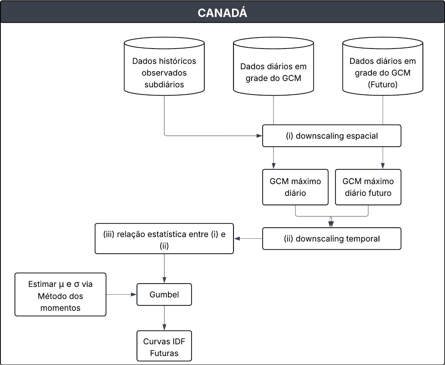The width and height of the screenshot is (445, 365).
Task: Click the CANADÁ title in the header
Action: click(x=222, y=13)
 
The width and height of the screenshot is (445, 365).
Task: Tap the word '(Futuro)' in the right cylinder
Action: click(x=382, y=85)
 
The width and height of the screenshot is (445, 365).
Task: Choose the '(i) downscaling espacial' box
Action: click(x=332, y=136)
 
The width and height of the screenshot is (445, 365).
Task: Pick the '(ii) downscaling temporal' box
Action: click(x=332, y=239)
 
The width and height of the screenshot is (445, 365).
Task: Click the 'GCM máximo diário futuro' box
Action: click(x=368, y=187)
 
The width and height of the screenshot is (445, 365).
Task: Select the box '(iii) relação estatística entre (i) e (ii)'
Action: click(x=164, y=239)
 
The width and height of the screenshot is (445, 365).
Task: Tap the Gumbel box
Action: click(x=164, y=295)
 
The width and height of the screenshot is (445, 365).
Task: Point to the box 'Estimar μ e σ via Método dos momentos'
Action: click(x=60, y=295)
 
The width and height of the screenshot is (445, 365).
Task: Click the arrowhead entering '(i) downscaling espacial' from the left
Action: click(x=259, y=136)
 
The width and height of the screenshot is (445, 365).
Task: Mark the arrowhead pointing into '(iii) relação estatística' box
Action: click(x=237, y=239)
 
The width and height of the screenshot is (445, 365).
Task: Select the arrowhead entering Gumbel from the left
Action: click(x=134, y=295)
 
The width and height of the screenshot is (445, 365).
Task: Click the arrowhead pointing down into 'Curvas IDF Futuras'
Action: click(x=164, y=328)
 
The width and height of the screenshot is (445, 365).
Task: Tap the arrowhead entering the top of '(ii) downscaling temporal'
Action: click(x=331, y=225)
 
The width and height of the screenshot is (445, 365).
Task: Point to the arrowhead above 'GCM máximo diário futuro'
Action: click(x=383, y=166)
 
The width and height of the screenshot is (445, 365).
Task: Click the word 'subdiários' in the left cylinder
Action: click(x=164, y=85)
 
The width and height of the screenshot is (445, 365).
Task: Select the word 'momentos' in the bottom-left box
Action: click(x=60, y=308)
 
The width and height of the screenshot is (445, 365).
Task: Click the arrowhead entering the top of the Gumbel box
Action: click(x=164, y=280)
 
